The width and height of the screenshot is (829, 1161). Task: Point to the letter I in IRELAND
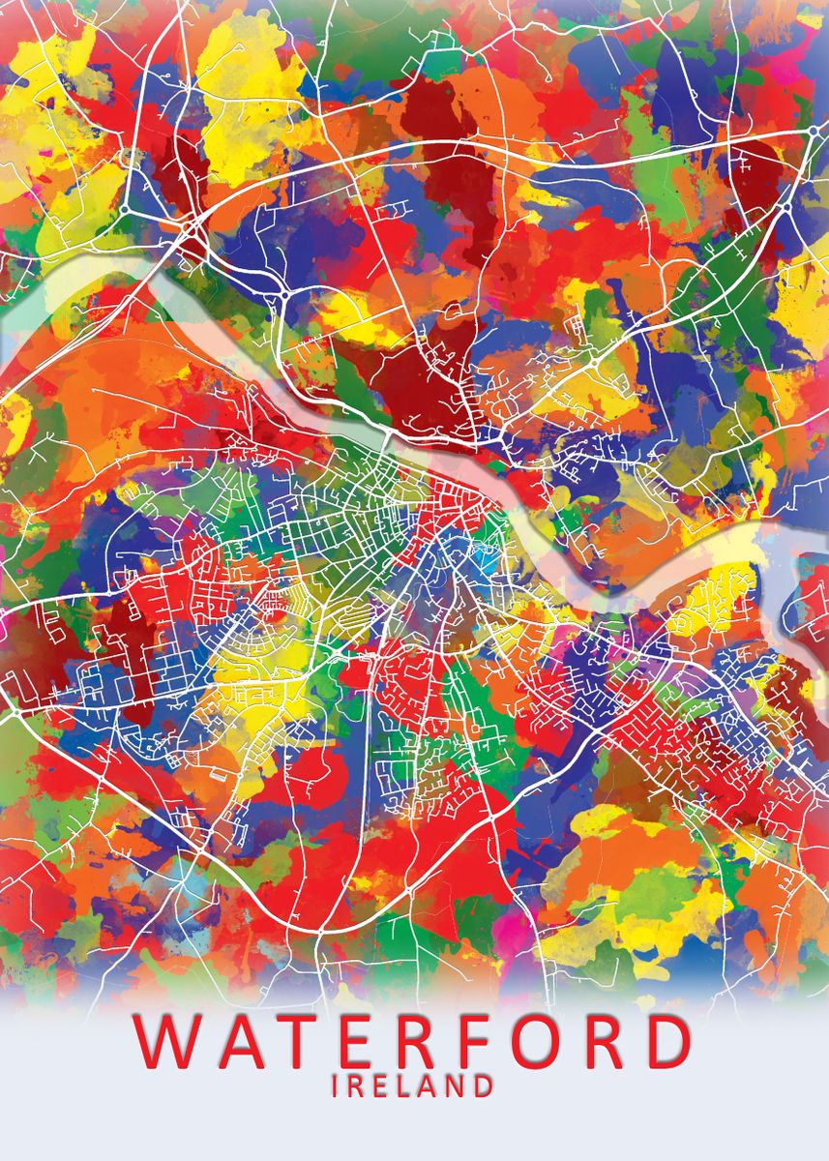[336, 1086]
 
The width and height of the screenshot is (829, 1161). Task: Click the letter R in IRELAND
[356, 1086]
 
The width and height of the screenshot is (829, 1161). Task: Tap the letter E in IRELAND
[381, 1086]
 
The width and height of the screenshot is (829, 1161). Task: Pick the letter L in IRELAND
[405, 1086]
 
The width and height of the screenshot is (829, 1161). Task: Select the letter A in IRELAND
[429, 1086]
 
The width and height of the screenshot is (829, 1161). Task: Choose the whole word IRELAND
[412, 1086]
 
